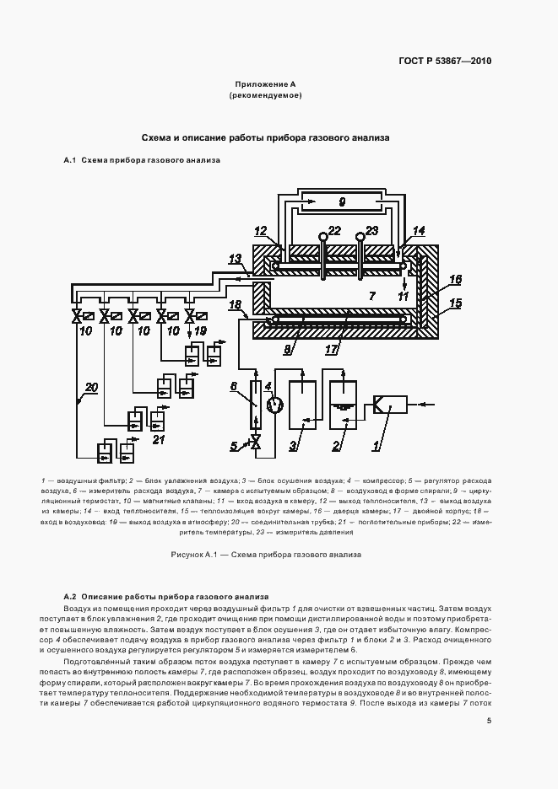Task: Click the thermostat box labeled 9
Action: [341, 201]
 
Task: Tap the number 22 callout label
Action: [334, 230]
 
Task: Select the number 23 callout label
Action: [371, 230]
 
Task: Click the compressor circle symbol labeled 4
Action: [274, 405]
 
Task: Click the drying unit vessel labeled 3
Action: [302, 406]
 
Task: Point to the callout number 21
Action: [157, 439]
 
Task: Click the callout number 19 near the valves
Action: [199, 331]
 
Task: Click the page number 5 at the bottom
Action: [489, 720]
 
